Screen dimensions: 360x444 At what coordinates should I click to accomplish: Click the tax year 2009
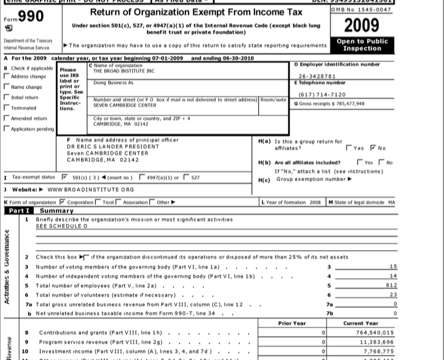[362, 24]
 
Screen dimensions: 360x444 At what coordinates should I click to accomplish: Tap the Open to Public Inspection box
[362, 44]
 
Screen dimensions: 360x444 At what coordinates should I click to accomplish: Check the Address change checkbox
[6, 76]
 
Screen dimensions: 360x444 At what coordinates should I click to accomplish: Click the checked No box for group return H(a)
[373, 148]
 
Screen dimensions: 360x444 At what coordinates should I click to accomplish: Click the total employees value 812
[391, 285]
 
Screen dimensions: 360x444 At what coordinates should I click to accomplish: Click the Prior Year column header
[292, 323]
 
